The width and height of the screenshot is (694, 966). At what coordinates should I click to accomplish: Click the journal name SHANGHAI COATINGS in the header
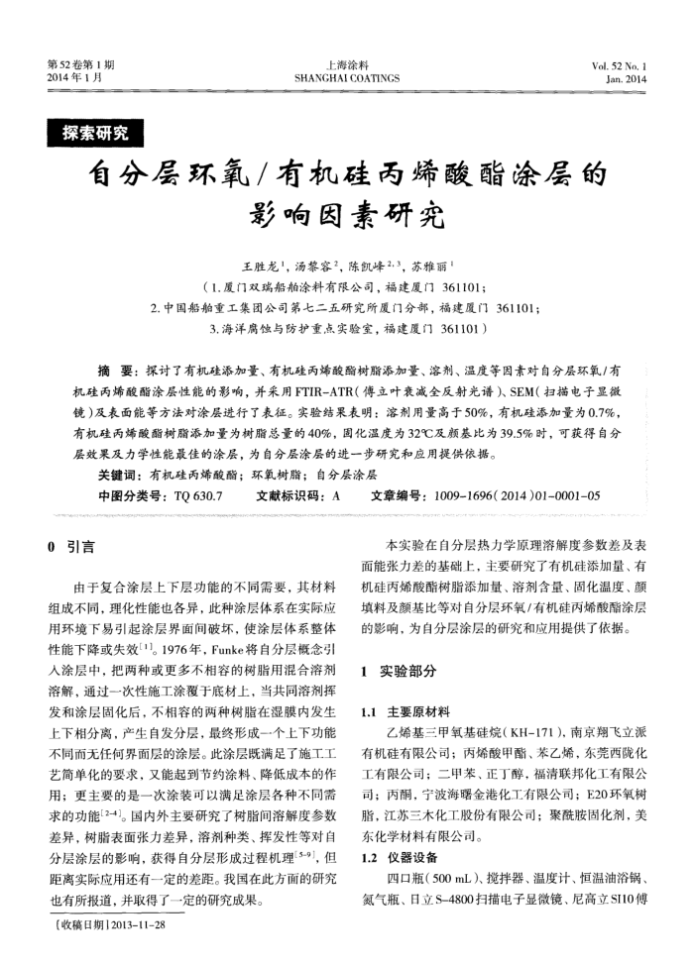coord(347,77)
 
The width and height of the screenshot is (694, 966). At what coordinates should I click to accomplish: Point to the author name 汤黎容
coord(315,268)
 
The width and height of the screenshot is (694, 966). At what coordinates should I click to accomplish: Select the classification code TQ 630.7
coord(197,492)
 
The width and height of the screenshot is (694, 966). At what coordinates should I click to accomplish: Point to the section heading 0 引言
coord(72,547)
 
